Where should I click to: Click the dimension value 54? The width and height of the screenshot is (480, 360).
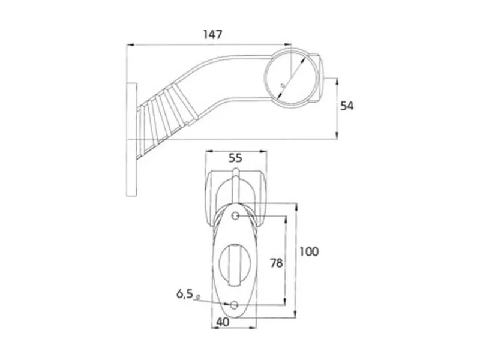coord(347,106)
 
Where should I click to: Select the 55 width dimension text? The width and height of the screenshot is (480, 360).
coord(235,158)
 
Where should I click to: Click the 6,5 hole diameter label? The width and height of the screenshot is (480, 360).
coord(184,294)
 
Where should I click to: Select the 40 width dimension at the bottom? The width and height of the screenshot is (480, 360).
coord(223,323)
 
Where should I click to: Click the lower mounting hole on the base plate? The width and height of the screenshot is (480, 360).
coord(236,305)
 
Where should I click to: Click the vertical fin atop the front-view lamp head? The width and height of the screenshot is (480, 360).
coord(237,183)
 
